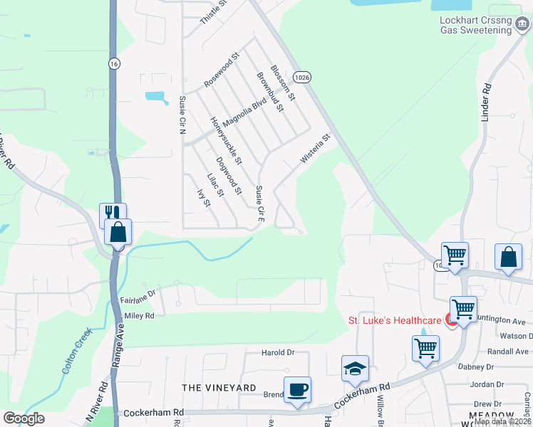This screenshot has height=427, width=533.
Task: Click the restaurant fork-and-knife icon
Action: point(113,213)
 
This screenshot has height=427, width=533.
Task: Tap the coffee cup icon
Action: point(297,389)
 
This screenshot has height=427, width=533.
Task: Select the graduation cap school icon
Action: point(355,368)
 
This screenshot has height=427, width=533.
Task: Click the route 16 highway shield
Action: point(113,63)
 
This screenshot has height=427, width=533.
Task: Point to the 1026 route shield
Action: point(302,75)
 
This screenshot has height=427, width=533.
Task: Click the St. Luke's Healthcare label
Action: point(393,320)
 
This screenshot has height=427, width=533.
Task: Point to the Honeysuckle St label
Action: point(227,139)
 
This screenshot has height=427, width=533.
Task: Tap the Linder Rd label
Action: point(487,101)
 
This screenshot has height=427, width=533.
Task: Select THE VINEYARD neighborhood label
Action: point(219,387)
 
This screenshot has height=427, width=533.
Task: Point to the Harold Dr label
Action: point(278,352)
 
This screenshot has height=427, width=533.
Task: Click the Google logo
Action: point(24,418)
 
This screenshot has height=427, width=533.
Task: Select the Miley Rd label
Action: point(139,315)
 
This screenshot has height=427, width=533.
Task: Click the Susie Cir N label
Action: point(182,115)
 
